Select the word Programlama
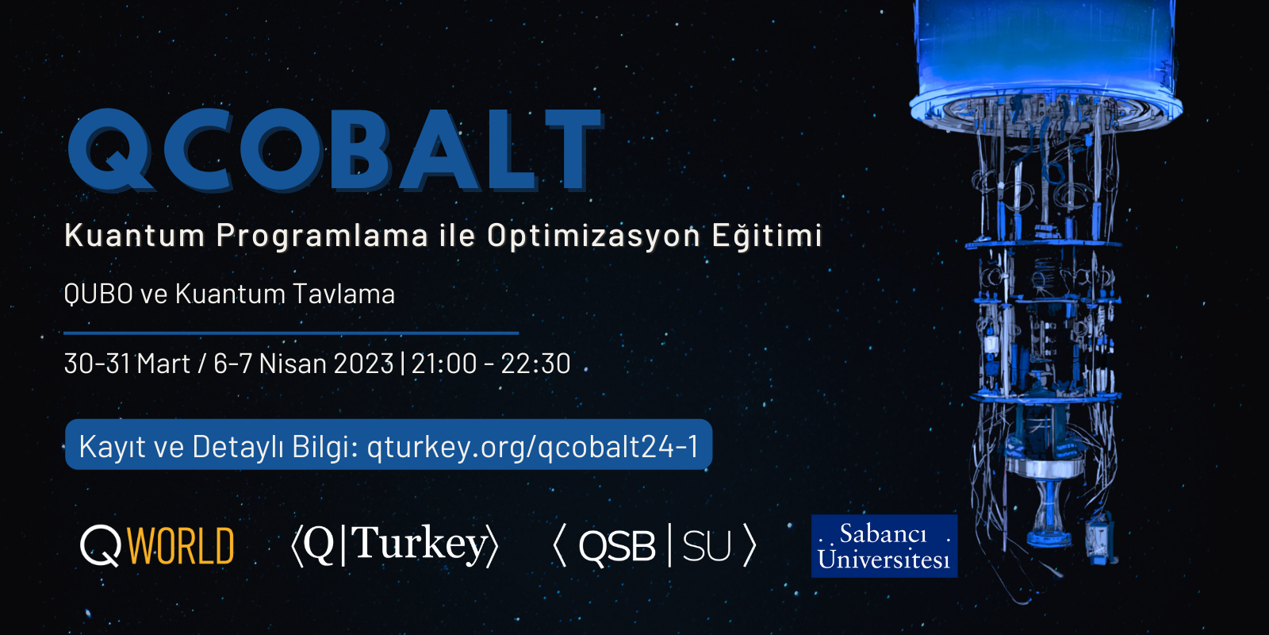pos(322,236)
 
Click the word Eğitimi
pos(767,236)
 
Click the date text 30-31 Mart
pos(127,364)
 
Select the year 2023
pos(364,364)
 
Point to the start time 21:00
pos(444,364)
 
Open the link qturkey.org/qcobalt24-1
pos(532,447)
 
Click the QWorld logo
pos(157,546)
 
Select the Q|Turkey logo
pos(394,546)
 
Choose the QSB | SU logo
pos(654,546)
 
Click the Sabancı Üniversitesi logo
pos(884,546)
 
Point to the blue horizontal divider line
pos(291,333)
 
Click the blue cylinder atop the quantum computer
pos(1045,48)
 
